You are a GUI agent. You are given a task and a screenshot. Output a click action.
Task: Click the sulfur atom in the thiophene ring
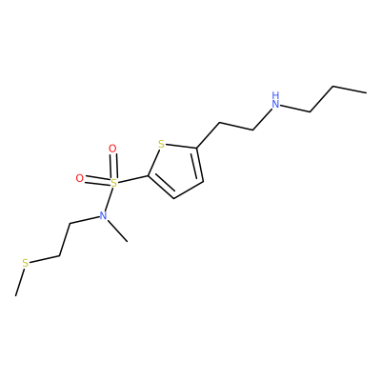point(162,145)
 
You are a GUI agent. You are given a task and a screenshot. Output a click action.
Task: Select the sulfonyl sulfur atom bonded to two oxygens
point(113,183)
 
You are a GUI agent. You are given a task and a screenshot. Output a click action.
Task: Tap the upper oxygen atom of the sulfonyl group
point(112,149)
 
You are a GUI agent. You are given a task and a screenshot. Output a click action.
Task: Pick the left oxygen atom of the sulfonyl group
point(80,178)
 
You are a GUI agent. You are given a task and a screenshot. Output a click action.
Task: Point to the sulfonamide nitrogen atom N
point(103,216)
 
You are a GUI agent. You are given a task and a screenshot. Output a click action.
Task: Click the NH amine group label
point(276,100)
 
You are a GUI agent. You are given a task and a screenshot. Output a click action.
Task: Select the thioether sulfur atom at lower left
point(26,263)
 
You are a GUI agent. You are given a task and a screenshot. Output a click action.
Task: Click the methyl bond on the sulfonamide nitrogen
point(117,231)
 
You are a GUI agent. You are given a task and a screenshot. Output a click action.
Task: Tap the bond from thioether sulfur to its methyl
point(19,282)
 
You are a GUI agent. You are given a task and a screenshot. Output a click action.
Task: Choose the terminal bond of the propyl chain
point(350,90)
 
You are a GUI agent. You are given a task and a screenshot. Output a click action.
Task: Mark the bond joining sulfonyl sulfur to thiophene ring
point(132,179)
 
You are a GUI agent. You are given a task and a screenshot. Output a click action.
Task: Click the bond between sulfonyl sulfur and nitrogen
point(109,199)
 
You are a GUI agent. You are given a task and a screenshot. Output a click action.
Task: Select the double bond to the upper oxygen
point(113,166)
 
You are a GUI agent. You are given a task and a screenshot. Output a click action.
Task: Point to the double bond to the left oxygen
point(97,180)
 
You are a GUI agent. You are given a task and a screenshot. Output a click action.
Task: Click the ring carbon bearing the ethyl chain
point(197,148)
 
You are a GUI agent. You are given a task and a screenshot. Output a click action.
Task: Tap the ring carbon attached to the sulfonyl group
point(148,175)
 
